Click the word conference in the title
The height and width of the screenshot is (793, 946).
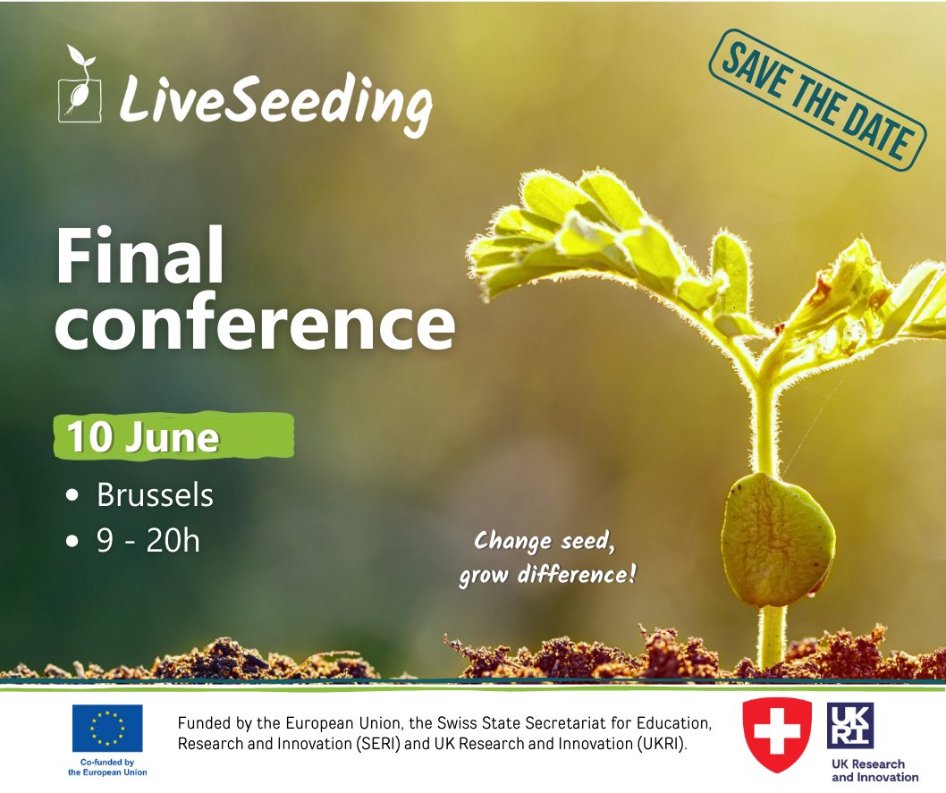pyautogui.click(x=255, y=323)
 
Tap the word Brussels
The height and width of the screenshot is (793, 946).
pyautogui.click(x=155, y=494)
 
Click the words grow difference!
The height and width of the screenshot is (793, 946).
pyautogui.click(x=547, y=574)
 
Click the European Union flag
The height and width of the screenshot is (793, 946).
pyautogui.click(x=107, y=728)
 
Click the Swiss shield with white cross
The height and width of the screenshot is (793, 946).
pyautogui.click(x=777, y=734)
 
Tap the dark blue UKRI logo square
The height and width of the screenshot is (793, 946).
pyautogui.click(x=850, y=725)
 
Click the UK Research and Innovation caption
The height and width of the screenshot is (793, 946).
pyautogui.click(x=868, y=770)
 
